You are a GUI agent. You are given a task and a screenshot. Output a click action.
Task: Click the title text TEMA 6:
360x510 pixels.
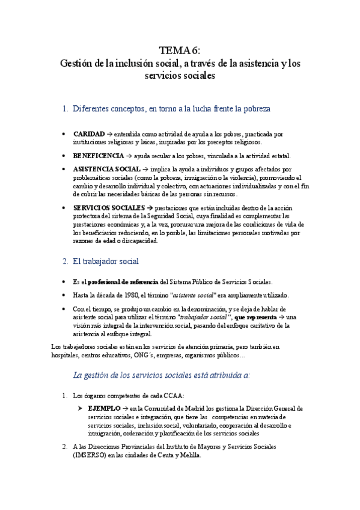pos(180,50)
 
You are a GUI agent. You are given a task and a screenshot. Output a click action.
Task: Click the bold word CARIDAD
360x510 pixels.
pos(88,134)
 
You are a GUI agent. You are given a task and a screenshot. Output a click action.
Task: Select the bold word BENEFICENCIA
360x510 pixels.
pos(98,156)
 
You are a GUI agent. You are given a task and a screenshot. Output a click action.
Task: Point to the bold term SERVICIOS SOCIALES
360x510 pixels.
pos(108,207)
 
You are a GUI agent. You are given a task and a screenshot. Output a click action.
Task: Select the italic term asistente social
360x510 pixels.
pos(194,295)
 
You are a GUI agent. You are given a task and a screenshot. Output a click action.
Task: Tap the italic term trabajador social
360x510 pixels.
pos(204,317)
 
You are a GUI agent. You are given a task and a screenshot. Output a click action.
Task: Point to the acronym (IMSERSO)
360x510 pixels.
pos(89,455)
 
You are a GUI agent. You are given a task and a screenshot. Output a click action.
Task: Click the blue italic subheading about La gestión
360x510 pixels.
pos(161,375)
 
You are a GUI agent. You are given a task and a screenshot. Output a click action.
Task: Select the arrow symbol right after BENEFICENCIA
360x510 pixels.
pos(129,156)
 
